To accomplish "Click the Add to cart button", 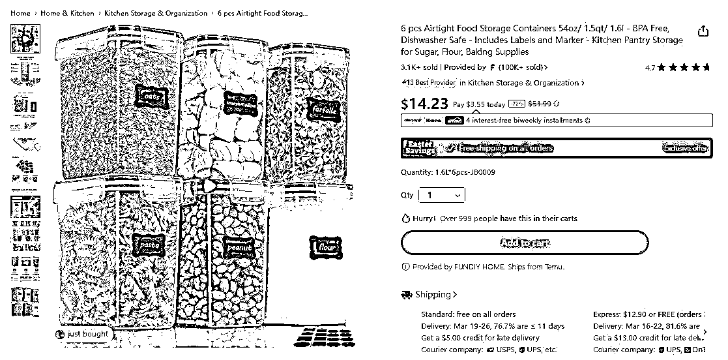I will pyautogui.click(x=524, y=243).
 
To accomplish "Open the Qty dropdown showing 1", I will pyautogui.click(x=442, y=195).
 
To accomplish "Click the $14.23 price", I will pyautogui.click(x=424, y=104).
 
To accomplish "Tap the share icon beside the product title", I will pyautogui.click(x=703, y=31).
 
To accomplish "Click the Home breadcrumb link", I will pyautogui.click(x=20, y=13).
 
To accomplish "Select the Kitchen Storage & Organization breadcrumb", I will pyautogui.click(x=156, y=13).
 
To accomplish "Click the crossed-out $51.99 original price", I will pyautogui.click(x=539, y=104).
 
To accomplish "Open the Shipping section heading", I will pyautogui.click(x=430, y=295).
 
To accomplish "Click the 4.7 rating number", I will pyautogui.click(x=650, y=67).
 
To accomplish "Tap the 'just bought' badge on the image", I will pyautogui.click(x=83, y=334).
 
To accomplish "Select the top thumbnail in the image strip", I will pyautogui.click(x=25, y=38).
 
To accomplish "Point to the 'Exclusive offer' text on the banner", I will pyautogui.click(x=685, y=148).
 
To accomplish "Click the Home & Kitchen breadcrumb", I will pyautogui.click(x=67, y=13).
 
